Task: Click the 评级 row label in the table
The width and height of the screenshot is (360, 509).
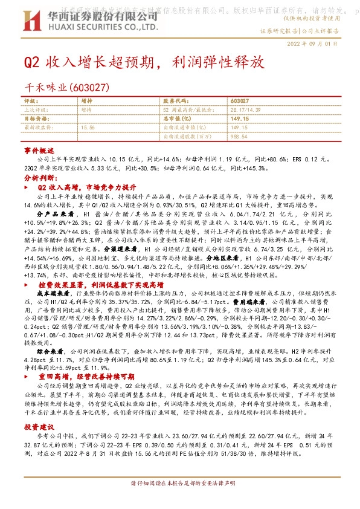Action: pos(30,100)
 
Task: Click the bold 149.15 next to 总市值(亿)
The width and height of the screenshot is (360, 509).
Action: pos(240,119)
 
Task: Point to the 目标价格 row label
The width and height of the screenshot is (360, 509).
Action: pos(35,119)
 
